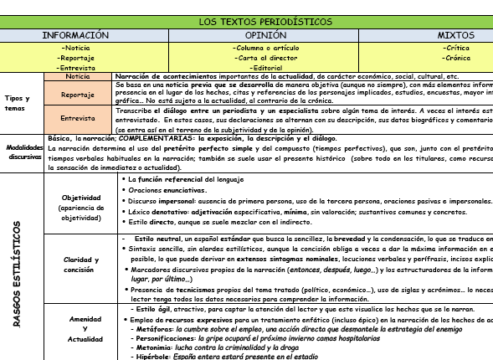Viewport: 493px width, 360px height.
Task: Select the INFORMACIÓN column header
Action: click(x=77, y=36)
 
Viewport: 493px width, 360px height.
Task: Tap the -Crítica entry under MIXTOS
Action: click(x=458, y=48)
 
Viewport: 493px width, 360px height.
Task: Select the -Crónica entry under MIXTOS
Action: click(x=458, y=57)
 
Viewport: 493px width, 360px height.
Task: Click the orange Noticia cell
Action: click(x=77, y=76)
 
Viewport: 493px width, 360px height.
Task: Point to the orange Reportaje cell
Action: click(x=77, y=95)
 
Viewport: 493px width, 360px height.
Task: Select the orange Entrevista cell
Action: click(x=77, y=119)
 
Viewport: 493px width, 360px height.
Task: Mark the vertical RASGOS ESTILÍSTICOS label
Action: click(x=18, y=266)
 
